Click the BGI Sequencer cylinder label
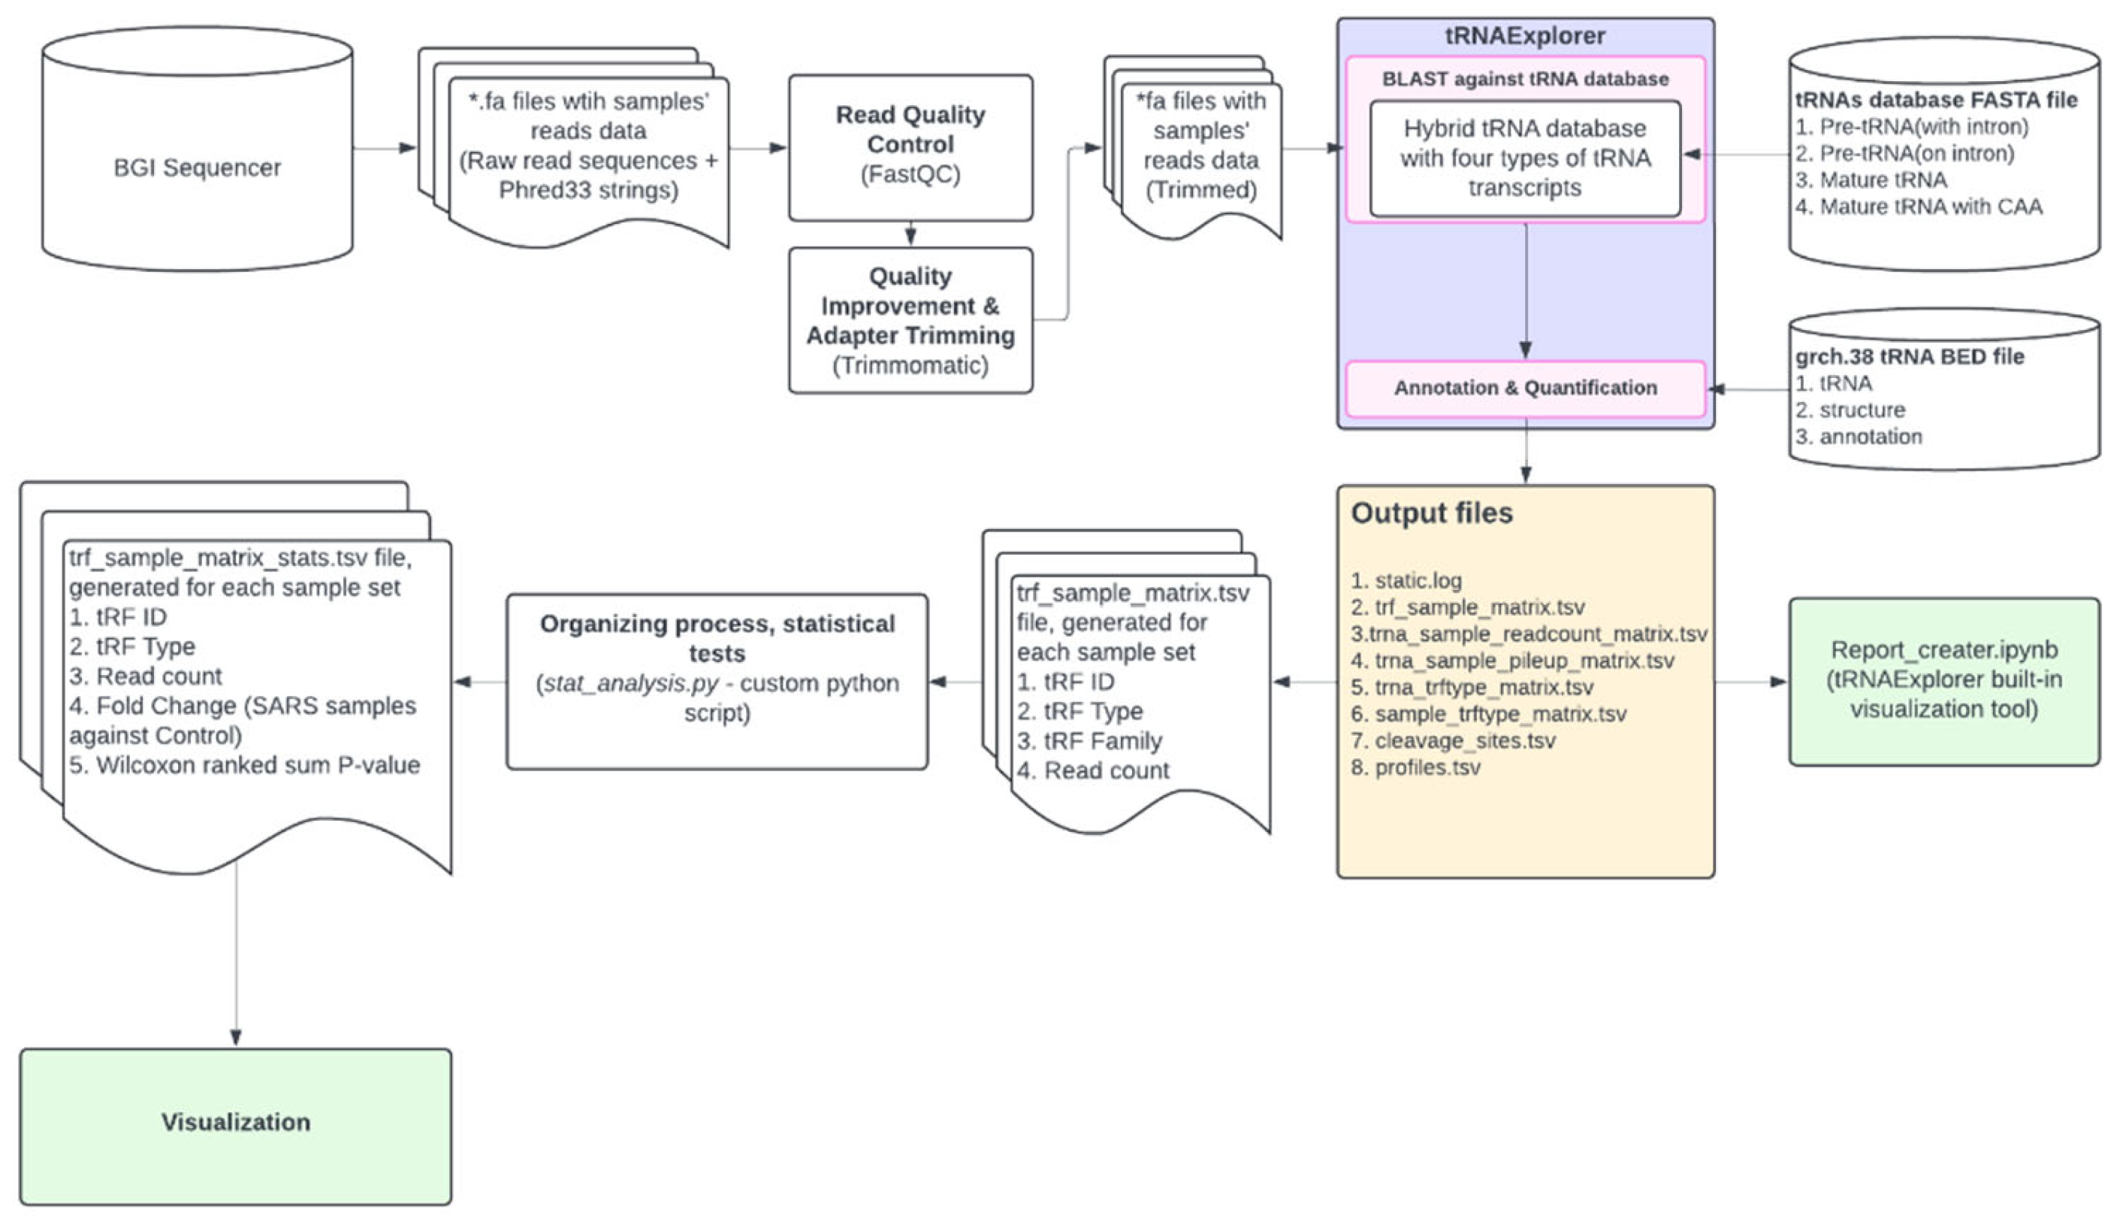[197, 168]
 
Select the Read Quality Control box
[910, 147]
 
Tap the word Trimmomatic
[910, 365]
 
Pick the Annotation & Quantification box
[1525, 388]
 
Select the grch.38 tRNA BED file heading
[1909, 357]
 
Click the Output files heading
[1431, 513]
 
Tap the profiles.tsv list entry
[1427, 767]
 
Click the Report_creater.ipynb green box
[1943, 680]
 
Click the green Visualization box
[235, 1125]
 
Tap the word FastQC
[910, 174]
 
